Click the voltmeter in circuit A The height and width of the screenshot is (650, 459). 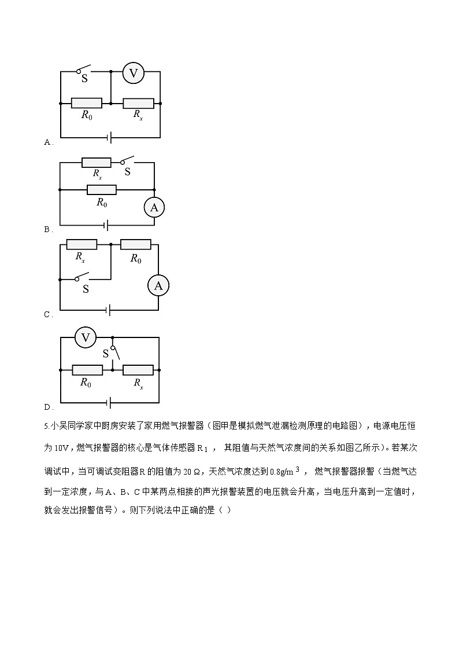click(x=134, y=74)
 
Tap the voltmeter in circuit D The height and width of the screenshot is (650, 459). click(x=85, y=337)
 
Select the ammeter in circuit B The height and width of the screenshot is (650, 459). click(x=154, y=207)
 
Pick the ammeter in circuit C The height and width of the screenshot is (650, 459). click(x=158, y=285)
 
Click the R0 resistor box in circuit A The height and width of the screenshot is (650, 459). click(x=87, y=103)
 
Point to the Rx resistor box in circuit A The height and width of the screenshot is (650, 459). click(x=139, y=103)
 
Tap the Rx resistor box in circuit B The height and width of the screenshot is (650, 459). click(x=97, y=163)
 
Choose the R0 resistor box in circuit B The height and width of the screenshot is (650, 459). click(x=102, y=190)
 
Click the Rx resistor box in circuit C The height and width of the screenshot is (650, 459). click(x=82, y=245)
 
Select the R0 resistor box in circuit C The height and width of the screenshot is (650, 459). click(x=136, y=245)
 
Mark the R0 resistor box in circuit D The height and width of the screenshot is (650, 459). click(x=87, y=370)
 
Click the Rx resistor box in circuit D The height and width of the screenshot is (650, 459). click(x=138, y=370)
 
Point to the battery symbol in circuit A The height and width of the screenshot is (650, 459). click(x=110, y=138)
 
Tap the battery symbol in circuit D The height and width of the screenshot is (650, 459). click(x=109, y=402)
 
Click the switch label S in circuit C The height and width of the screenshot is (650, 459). click(x=86, y=289)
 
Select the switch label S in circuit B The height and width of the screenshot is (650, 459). click(x=128, y=172)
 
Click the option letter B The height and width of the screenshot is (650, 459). click(x=47, y=229)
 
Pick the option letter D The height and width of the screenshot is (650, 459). click(x=47, y=407)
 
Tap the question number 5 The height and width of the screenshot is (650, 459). click(x=46, y=426)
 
